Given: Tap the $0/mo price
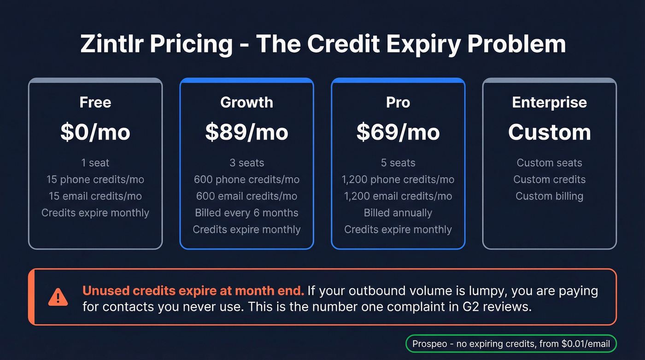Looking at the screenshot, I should (x=95, y=132).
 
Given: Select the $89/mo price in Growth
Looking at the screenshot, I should (x=246, y=132).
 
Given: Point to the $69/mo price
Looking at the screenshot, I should (x=398, y=132).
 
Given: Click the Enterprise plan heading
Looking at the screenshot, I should (x=549, y=102).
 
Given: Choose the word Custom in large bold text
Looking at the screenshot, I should (x=549, y=132).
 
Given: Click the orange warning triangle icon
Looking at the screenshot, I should (x=58, y=297).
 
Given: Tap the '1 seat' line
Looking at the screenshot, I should (x=95, y=163).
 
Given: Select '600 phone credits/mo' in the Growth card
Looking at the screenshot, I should (x=246, y=179).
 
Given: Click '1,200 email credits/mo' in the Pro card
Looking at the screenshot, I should (x=398, y=196).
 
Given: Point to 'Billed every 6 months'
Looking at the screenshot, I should (x=246, y=212).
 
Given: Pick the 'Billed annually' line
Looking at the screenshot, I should (x=398, y=212).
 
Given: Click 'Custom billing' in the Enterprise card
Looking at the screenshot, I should (x=549, y=196).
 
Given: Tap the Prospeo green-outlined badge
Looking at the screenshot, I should (x=511, y=343).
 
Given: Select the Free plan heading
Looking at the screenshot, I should (x=95, y=102).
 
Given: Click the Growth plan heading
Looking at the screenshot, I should (x=246, y=102).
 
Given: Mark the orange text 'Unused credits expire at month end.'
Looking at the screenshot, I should (x=193, y=291).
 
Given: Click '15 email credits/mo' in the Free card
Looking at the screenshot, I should (x=95, y=196).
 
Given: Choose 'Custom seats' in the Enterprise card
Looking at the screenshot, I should (x=549, y=163).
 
